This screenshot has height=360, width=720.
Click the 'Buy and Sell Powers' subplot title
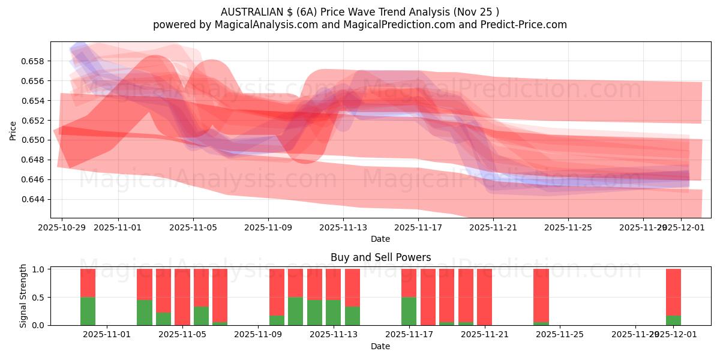[x=380, y=257]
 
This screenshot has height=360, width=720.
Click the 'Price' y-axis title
[x=13, y=130]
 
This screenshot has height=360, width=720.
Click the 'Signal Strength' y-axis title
[x=23, y=296]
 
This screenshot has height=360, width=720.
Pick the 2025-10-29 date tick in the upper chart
[x=61, y=227]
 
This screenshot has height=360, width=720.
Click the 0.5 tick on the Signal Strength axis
[x=38, y=298]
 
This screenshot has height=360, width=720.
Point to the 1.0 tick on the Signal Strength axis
[x=38, y=269]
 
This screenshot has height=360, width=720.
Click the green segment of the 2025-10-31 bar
[x=88, y=311]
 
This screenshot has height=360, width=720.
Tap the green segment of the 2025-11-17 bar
[x=409, y=311]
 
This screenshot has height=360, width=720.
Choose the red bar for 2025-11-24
[x=541, y=295]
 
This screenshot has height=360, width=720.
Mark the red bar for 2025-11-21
[x=484, y=297]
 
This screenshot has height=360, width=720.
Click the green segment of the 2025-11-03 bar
[x=145, y=312]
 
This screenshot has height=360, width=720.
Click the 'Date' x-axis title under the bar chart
[x=380, y=346]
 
